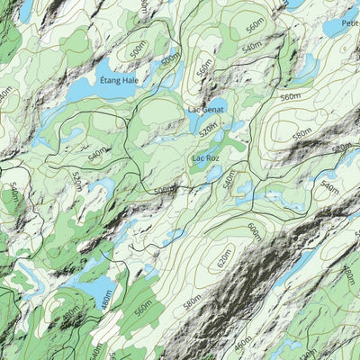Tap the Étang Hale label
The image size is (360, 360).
click(125, 79)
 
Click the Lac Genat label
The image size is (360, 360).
click(206, 110)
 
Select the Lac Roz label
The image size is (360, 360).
click(206, 158)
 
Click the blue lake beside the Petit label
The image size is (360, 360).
click(338, 27)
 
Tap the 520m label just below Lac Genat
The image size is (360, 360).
click(209, 132)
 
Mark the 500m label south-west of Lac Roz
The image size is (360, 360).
click(164, 191)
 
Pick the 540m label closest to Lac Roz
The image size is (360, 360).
click(228, 180)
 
